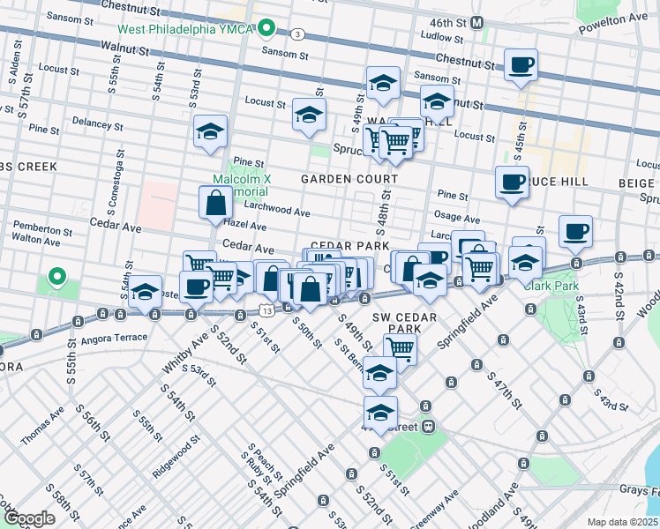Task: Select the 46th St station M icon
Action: coord(476,21)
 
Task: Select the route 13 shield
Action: coord(266,309)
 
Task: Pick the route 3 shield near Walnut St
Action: coord(298,34)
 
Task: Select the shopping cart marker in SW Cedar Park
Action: coord(400,349)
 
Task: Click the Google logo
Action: coord(29,518)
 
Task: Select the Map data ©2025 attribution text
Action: coord(623,522)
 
